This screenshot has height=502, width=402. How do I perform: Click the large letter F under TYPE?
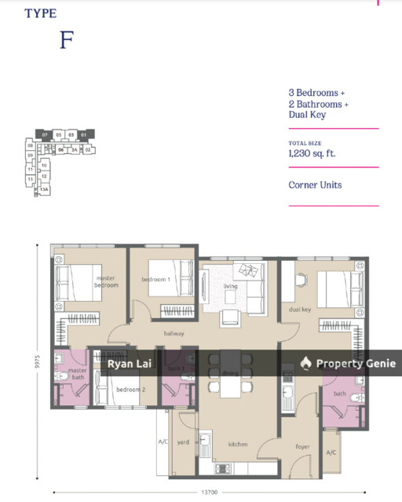tap(66, 41)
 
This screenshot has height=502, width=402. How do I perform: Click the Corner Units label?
tap(315, 185)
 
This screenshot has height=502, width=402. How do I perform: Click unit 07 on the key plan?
tap(46, 135)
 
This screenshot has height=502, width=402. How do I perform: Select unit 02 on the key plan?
tap(88, 148)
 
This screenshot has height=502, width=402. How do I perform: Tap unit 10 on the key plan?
tap(45, 166)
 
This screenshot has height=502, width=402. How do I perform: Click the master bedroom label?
tap(107, 281)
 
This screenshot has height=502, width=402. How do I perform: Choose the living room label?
tap(231, 286)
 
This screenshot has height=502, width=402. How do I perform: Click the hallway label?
tap(174, 334)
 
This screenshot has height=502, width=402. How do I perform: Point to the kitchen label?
tap(238, 444)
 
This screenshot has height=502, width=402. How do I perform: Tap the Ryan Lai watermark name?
tap(130, 363)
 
